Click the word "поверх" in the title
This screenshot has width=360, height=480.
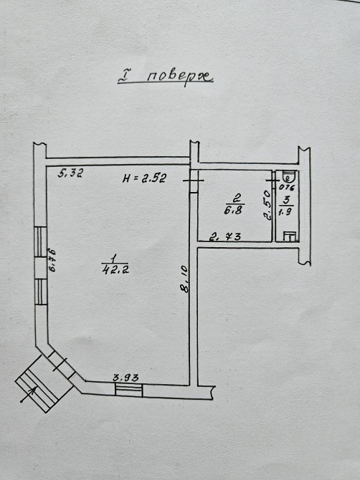click(179, 77)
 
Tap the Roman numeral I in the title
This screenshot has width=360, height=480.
click(123, 77)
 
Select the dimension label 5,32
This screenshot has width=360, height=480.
click(71, 173)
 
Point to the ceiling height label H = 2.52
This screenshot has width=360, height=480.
click(144, 178)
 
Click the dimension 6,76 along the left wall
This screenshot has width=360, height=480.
click(53, 260)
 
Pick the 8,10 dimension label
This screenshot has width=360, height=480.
click(185, 279)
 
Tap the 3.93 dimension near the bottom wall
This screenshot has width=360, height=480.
click(125, 378)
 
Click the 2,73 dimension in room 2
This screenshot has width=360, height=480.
click(225, 236)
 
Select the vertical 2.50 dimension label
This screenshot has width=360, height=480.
click(267, 206)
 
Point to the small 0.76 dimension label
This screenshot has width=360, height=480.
click(287, 188)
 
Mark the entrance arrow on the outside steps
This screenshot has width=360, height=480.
click(29, 394)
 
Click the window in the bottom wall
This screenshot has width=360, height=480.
click(129, 390)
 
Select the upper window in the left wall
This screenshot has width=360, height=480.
click(40, 242)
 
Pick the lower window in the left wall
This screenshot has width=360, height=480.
click(40, 292)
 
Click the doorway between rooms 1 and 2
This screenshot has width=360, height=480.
click(194, 181)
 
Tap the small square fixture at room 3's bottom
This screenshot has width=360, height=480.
click(290, 236)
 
